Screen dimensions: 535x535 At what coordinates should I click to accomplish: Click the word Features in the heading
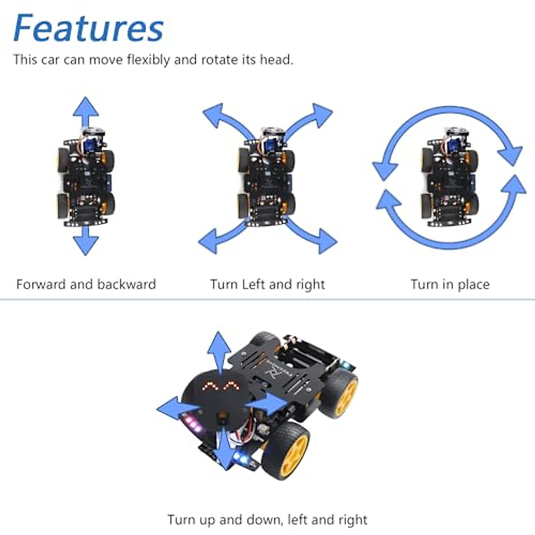click(88, 29)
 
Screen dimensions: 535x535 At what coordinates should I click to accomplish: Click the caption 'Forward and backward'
click(86, 284)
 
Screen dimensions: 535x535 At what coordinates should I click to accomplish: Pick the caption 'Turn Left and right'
click(267, 284)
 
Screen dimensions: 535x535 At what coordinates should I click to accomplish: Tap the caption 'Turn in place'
click(450, 284)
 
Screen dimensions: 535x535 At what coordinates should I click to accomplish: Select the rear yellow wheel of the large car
click(340, 392)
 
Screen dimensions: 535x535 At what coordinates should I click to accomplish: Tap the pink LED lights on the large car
click(193, 424)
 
